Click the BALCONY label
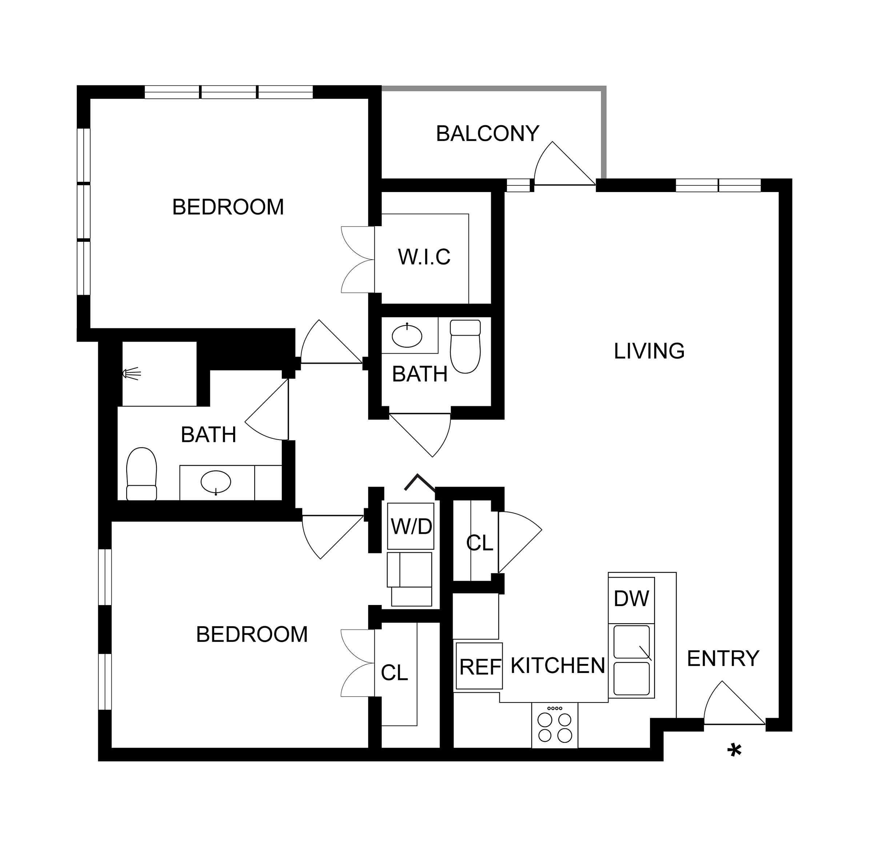click(488, 134)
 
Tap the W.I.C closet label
click(424, 257)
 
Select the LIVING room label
click(649, 351)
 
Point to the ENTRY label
click(723, 658)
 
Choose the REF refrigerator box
click(479, 666)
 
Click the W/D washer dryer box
click(411, 526)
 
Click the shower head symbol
click(132, 373)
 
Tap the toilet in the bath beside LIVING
click(465, 346)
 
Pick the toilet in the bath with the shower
click(141, 474)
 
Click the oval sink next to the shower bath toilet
click(216, 482)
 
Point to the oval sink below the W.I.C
click(407, 335)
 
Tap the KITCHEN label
click(558, 666)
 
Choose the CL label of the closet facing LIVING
click(479, 543)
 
